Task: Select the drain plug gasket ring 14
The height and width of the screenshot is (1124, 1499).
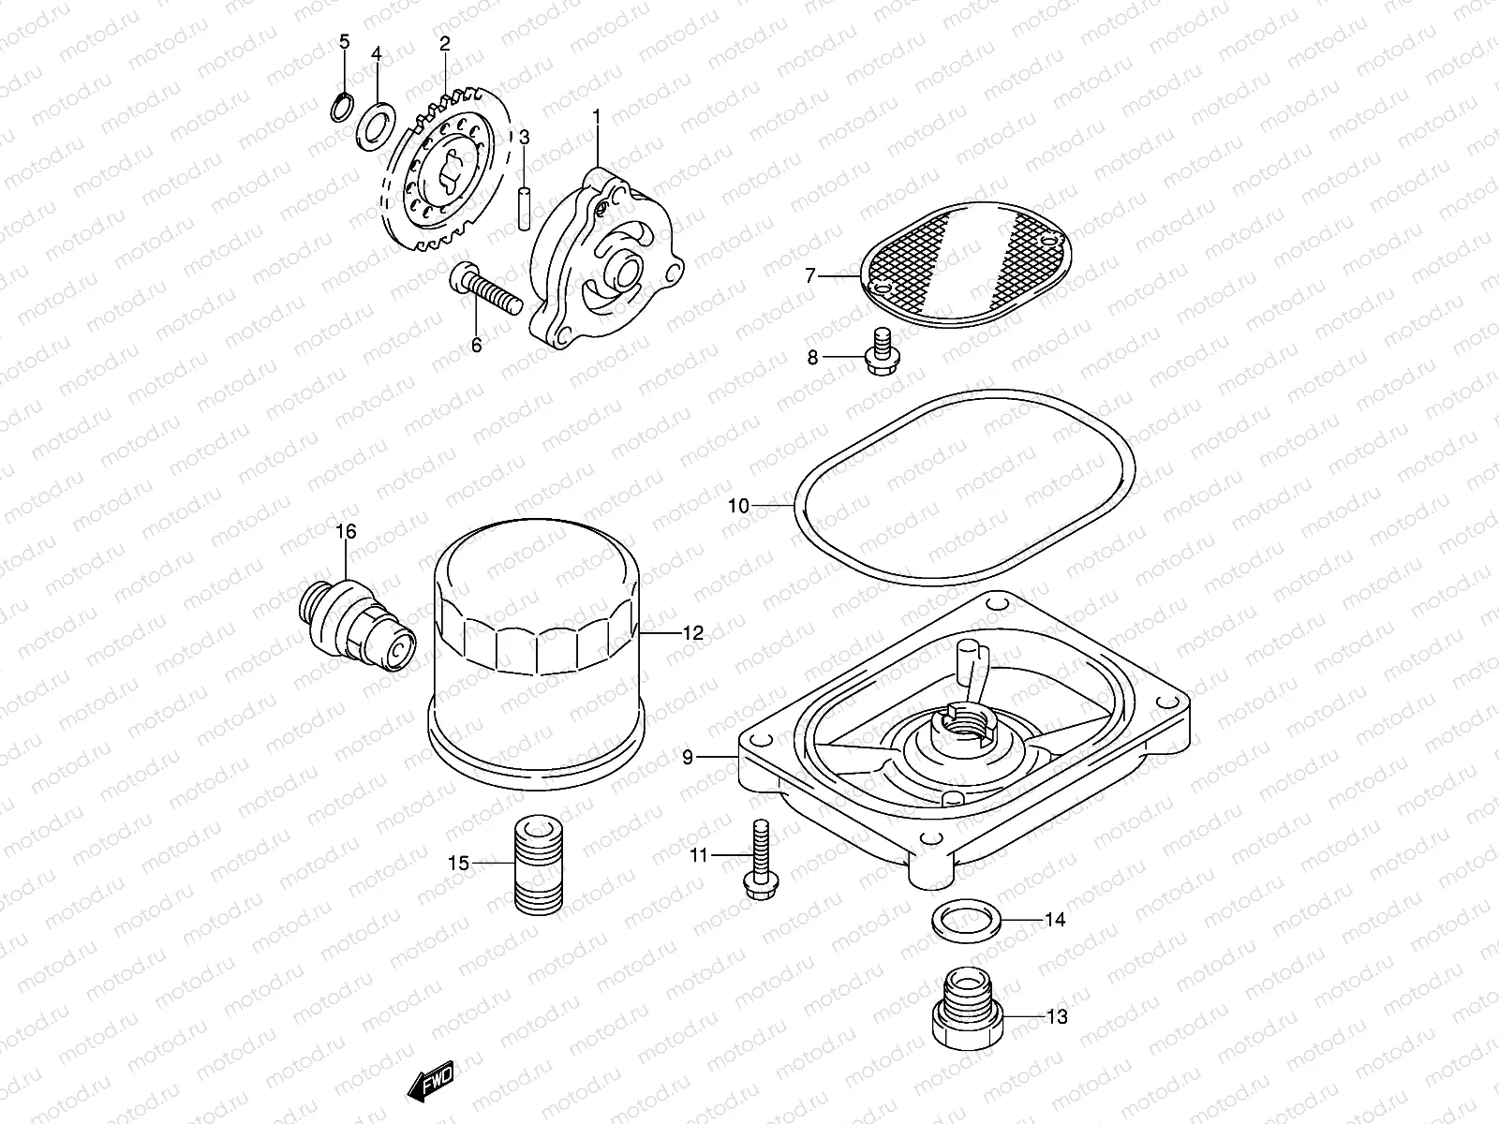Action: tap(965, 920)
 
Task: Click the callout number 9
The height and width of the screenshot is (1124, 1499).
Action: tap(688, 758)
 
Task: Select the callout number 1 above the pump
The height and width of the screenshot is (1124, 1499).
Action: tap(596, 116)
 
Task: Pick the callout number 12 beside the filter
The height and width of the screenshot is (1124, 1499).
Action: tap(692, 633)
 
